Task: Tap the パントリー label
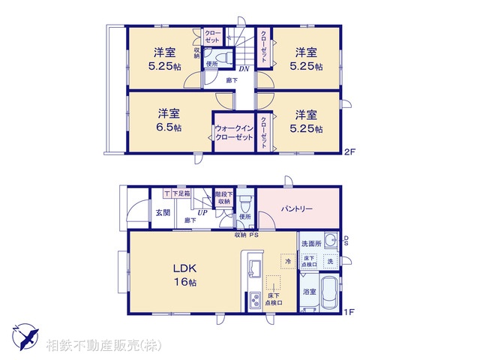click(x=297, y=208)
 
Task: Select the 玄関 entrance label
click(x=163, y=213)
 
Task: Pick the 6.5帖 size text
click(x=169, y=127)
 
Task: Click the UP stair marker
click(x=202, y=213)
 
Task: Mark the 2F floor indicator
click(x=349, y=154)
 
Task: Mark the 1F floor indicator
click(x=349, y=311)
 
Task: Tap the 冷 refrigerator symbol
click(x=287, y=260)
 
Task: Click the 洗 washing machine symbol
click(x=330, y=260)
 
